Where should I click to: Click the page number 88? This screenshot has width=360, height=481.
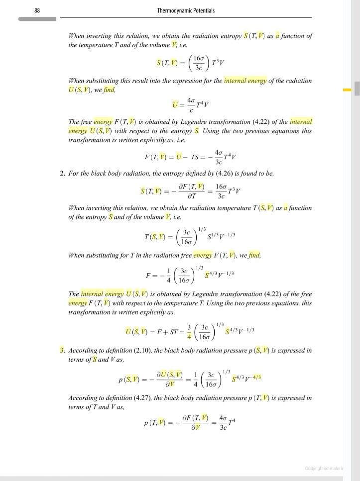pyautogui.click(x=37, y=10)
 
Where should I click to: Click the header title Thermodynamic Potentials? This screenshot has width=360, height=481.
pyautogui.click(x=186, y=10)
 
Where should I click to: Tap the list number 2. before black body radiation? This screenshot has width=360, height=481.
pyautogui.click(x=62, y=173)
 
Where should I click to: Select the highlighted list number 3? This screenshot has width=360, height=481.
pyautogui.click(x=62, y=350)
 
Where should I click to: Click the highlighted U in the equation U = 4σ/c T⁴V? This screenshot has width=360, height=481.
pyautogui.click(x=175, y=105)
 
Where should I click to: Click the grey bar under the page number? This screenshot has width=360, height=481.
pyautogui.click(x=37, y=19)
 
